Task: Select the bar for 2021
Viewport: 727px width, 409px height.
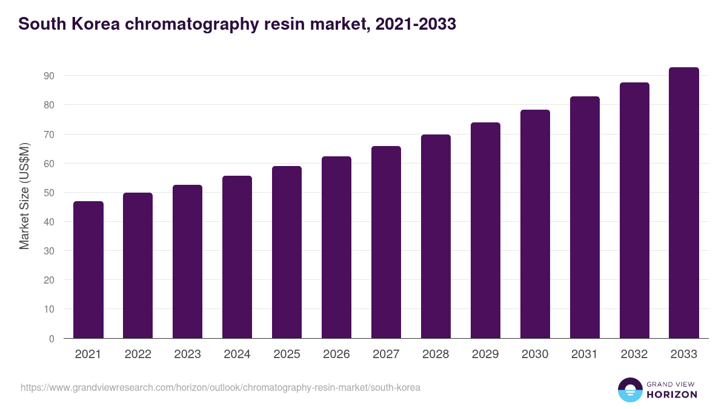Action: [x=88, y=270]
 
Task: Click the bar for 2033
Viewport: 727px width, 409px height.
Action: [x=684, y=203]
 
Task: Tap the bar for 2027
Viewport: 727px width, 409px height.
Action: [x=386, y=242]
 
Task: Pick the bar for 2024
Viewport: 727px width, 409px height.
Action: [x=237, y=257]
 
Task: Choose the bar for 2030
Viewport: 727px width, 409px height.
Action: [x=535, y=224]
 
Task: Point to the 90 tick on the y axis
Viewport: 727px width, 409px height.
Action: [x=49, y=76]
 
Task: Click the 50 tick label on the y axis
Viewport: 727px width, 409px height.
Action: [x=49, y=193]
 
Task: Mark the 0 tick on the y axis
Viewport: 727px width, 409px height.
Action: [x=52, y=339]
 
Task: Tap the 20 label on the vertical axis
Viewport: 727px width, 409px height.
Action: [x=49, y=280]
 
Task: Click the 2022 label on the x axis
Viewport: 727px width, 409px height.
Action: [x=138, y=354]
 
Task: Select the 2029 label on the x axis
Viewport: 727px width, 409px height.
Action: [x=485, y=354]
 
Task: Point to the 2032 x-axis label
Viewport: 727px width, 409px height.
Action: [x=634, y=354]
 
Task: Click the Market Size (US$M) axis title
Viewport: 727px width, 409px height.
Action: [x=24, y=197]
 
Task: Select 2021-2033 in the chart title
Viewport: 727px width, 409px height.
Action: [x=416, y=24]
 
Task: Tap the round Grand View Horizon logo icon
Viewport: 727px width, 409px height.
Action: [x=630, y=390]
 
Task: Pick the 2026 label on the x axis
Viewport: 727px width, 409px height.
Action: [x=336, y=354]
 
